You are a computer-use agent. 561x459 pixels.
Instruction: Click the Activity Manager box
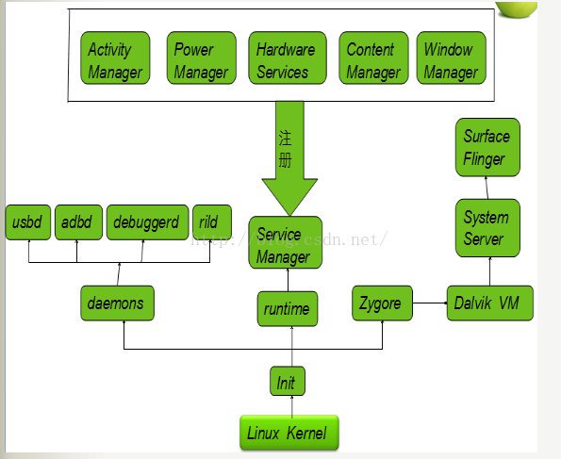(x=115, y=57)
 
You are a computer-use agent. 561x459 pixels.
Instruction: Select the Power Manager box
(x=202, y=57)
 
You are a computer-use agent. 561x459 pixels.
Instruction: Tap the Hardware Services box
(x=288, y=57)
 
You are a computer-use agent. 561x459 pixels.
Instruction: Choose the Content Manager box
(x=374, y=57)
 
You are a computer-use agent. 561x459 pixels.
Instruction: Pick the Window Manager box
(x=452, y=57)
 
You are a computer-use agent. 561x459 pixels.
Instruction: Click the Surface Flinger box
(x=487, y=147)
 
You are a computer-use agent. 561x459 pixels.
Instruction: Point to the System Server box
(x=487, y=228)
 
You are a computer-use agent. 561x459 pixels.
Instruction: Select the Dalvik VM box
(x=490, y=303)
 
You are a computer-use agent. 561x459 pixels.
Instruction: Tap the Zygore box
(x=382, y=303)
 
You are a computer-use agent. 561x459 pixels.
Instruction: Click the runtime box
(x=288, y=309)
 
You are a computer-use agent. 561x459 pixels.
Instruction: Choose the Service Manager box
(x=286, y=242)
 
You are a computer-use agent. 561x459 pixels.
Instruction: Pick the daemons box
(x=117, y=303)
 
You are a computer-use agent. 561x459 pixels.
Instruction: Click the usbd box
(x=28, y=222)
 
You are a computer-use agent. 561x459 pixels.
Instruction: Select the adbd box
(x=78, y=222)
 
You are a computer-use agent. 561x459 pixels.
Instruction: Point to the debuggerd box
(x=148, y=222)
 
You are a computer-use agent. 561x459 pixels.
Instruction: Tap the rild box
(x=212, y=222)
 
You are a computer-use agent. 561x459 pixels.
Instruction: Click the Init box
(x=288, y=381)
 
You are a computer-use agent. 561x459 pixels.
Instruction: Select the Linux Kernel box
(x=289, y=433)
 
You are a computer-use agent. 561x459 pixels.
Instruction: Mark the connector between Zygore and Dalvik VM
(x=430, y=303)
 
